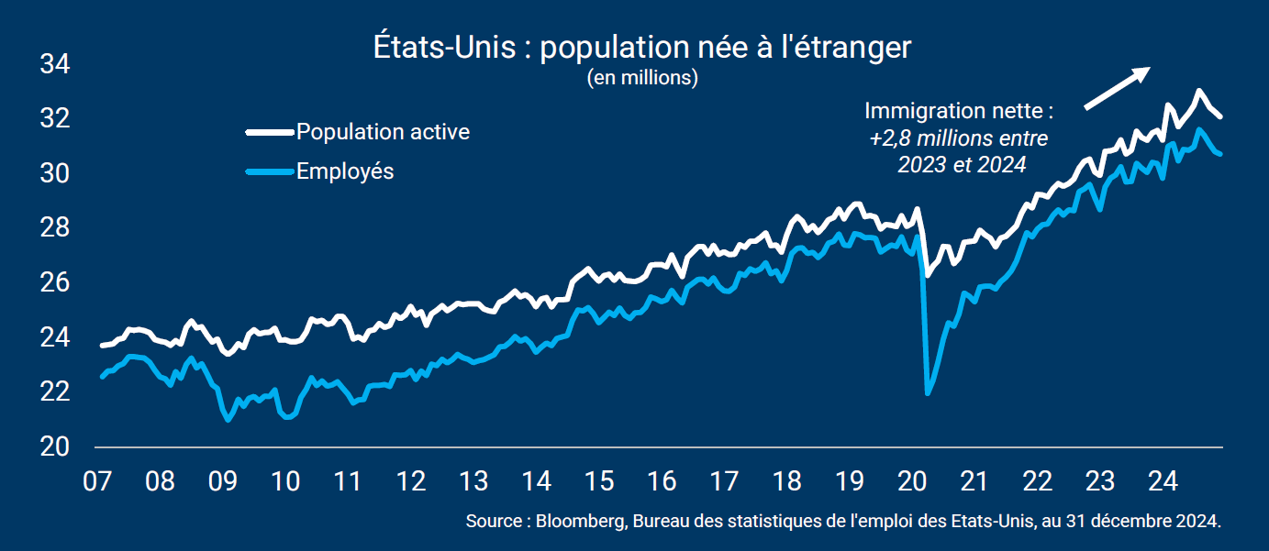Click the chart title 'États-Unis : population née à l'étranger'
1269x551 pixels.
[642, 48]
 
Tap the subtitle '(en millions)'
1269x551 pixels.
[642, 78]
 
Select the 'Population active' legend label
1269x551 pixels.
[383, 132]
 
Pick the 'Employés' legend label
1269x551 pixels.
[345, 171]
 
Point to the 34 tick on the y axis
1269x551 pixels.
[55, 65]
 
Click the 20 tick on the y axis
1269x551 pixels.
[55, 447]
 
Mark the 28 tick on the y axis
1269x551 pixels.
[55, 228]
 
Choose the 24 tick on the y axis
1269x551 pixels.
[55, 338]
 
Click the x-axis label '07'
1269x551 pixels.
[97, 481]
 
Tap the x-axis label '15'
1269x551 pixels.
[599, 481]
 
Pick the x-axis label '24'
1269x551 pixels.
[1163, 481]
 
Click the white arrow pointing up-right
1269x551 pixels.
[1117, 89]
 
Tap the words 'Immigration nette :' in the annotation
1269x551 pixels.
[959, 112]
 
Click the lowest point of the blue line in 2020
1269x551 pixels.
[928, 393]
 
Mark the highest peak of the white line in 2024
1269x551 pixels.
[1198, 91]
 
